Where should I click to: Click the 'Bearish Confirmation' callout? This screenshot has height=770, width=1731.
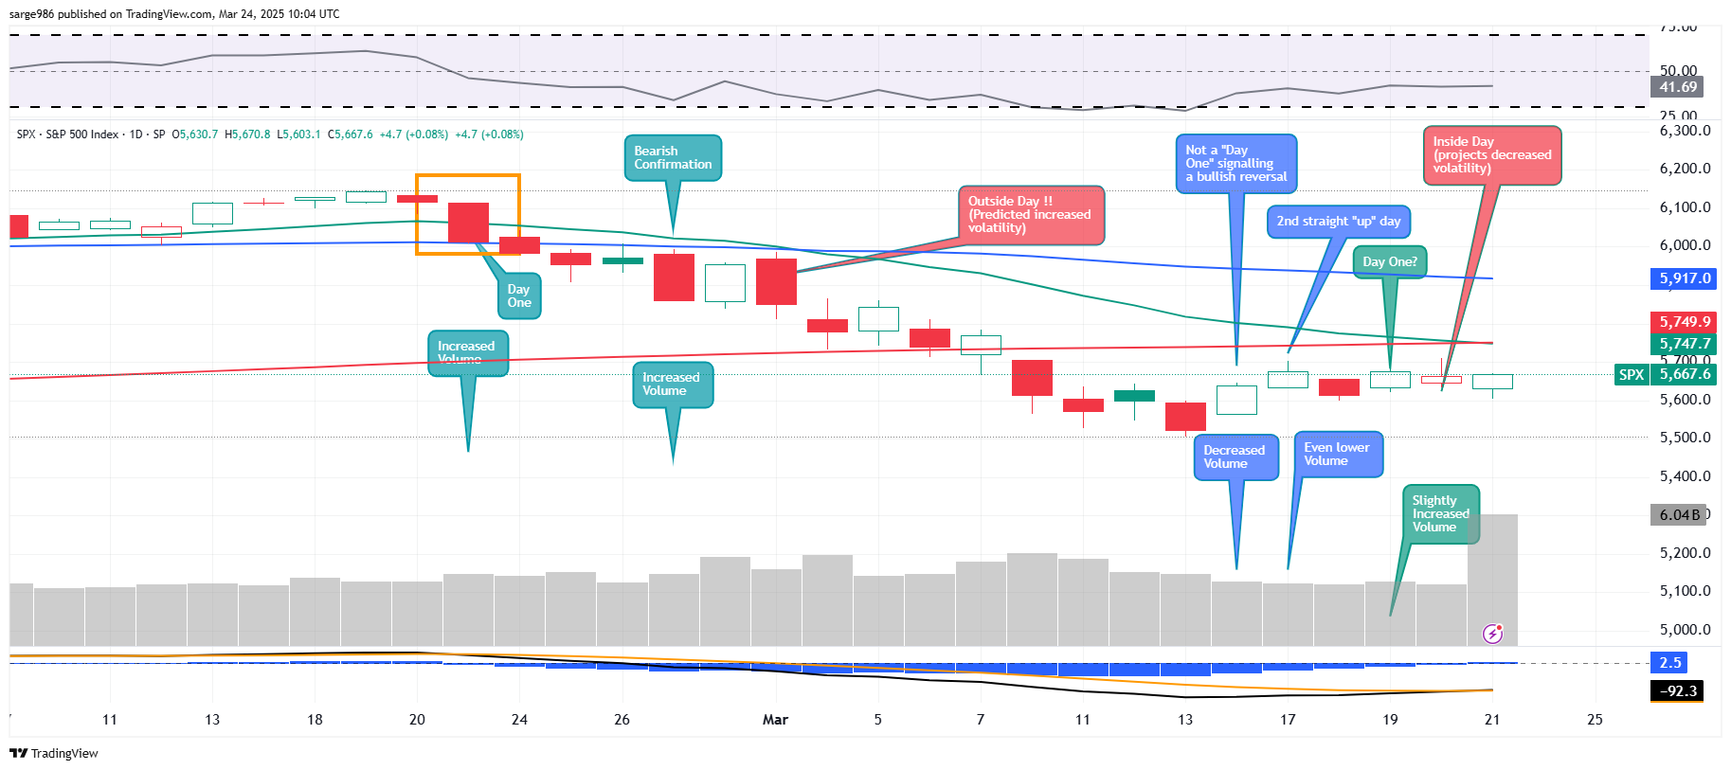pyautogui.click(x=673, y=158)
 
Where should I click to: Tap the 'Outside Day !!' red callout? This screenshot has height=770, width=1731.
pyautogui.click(x=1030, y=215)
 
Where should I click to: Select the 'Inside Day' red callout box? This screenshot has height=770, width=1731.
pyautogui.click(x=1491, y=155)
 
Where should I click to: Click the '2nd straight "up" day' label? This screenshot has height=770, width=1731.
pyautogui.click(x=1338, y=222)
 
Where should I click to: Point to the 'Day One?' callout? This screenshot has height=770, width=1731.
pyautogui.click(x=1389, y=262)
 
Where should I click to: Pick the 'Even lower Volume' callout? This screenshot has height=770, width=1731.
pyautogui.click(x=1337, y=455)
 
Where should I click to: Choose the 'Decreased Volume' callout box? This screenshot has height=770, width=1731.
pyautogui.click(x=1235, y=457)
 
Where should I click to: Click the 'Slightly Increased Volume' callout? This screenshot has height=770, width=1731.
pyautogui.click(x=1440, y=514)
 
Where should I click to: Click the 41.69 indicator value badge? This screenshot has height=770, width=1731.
pyautogui.click(x=1677, y=87)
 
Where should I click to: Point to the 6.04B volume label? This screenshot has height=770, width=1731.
pyautogui.click(x=1678, y=515)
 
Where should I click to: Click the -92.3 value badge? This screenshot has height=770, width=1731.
pyautogui.click(x=1677, y=691)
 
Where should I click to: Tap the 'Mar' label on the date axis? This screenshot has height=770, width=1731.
pyautogui.click(x=775, y=720)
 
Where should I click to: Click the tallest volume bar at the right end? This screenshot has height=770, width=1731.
pyautogui.click(x=1492, y=578)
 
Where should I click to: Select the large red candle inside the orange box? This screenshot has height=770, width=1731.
pyautogui.click(x=468, y=223)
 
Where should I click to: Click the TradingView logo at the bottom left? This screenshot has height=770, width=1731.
pyautogui.click(x=54, y=754)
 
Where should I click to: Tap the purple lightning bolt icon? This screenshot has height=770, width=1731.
pyautogui.click(x=1492, y=634)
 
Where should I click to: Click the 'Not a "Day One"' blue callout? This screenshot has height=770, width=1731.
pyautogui.click(x=1235, y=164)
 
